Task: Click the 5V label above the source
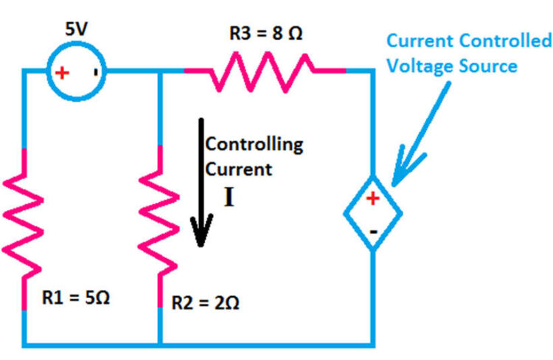(76, 29)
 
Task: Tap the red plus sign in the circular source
(62, 73)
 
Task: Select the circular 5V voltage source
(76, 72)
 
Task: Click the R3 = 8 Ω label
(265, 33)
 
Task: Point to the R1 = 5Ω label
(76, 297)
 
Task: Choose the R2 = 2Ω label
(205, 302)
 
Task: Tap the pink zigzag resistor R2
(159, 226)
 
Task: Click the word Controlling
(254, 145)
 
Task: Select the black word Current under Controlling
(238, 170)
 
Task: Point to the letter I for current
(229, 197)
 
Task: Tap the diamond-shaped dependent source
(373, 213)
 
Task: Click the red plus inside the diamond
(373, 198)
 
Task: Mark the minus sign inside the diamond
(373, 232)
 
